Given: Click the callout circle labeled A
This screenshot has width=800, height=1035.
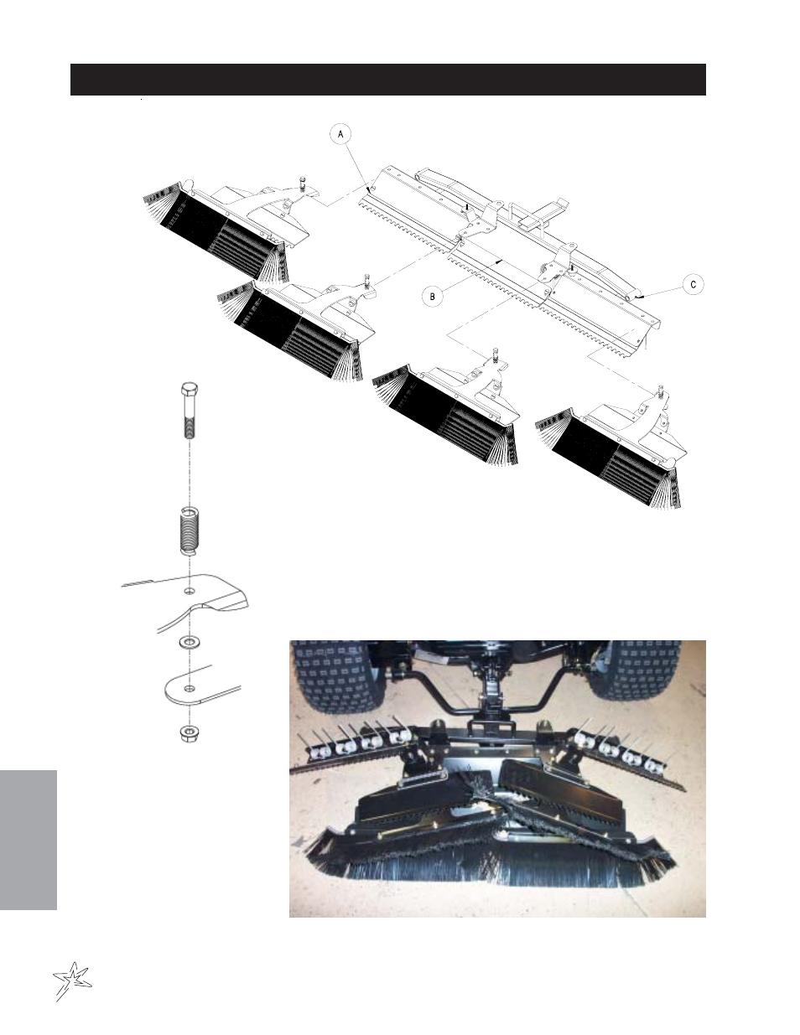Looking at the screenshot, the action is coord(340,135).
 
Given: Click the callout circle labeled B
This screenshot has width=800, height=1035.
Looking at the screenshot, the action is coord(433,297).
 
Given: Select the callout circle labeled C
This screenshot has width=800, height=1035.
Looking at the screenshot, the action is coord(694,284).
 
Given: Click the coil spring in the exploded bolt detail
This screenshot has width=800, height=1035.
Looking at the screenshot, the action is coord(190,530).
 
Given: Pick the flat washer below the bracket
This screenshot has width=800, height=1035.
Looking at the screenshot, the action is coord(190,643).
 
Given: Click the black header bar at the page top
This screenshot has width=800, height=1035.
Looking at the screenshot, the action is coord(388,80).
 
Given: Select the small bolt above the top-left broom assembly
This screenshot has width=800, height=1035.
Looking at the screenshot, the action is coord(303,184).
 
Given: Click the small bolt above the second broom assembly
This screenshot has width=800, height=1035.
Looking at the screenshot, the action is coord(366,281).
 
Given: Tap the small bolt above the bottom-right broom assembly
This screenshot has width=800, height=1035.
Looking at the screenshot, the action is coord(661,391).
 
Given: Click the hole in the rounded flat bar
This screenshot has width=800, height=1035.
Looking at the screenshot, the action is coord(190,688).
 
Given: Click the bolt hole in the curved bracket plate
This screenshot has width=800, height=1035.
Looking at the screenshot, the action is coord(190,592).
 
